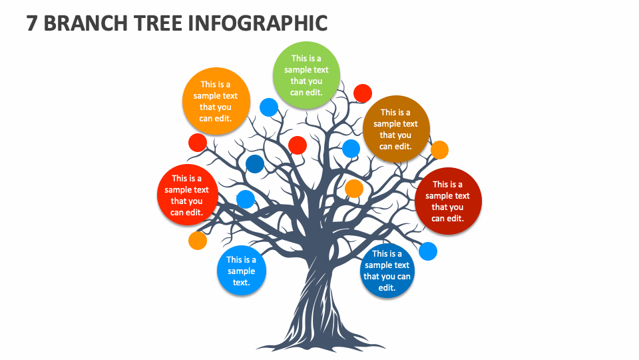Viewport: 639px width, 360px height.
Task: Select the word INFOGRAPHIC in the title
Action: point(258,23)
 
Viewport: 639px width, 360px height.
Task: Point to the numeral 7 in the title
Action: point(32,23)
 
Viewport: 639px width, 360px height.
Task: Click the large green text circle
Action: point(306,75)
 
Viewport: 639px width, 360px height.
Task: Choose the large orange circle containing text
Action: point(216,101)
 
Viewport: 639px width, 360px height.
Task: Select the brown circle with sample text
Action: point(396,129)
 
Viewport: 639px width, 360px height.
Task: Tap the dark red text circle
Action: point(448,201)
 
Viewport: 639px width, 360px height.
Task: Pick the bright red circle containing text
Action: point(188,195)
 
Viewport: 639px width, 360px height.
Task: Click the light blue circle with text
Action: point(241,270)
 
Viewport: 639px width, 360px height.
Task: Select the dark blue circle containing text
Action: point(387,270)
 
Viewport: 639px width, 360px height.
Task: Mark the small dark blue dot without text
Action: point(255,164)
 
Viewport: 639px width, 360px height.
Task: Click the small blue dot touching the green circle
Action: point(269,107)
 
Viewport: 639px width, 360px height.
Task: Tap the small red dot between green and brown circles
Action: point(363,93)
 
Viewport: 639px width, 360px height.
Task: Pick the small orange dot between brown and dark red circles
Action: point(439,150)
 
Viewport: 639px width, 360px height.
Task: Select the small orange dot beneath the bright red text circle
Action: point(198,241)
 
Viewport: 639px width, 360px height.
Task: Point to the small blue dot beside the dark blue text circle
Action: point(428,251)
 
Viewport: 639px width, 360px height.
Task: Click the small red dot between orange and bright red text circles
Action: point(198,143)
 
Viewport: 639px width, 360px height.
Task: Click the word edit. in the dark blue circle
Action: point(387,288)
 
